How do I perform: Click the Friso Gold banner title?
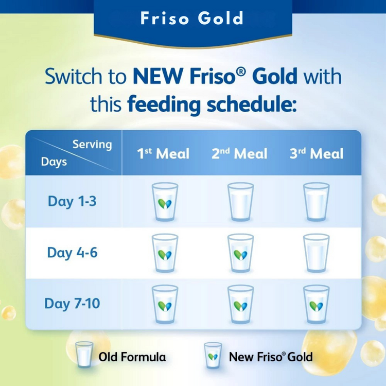pyautogui.click(x=192, y=19)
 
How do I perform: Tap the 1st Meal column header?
pyautogui.click(x=163, y=153)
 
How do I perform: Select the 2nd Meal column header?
pyautogui.click(x=239, y=153)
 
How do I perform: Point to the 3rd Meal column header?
pyautogui.click(x=316, y=153)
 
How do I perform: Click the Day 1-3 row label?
pyautogui.click(x=72, y=201)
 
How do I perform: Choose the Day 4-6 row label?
pyautogui.click(x=72, y=253)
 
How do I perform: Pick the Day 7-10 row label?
pyautogui.click(x=72, y=304)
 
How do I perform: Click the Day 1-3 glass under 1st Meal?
pyautogui.click(x=165, y=202)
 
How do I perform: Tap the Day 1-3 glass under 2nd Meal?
pyautogui.click(x=240, y=202)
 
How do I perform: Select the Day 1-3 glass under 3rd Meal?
pyautogui.click(x=316, y=202)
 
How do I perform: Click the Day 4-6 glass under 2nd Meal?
pyautogui.click(x=240, y=253)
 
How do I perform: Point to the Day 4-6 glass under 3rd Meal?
pyautogui.click(x=316, y=253)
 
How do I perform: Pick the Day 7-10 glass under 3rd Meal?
pyautogui.click(x=316, y=305)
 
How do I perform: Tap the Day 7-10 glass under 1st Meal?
pyautogui.click(x=165, y=305)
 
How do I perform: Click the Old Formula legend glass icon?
pyautogui.click(x=84, y=355)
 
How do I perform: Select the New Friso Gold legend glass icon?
pyautogui.click(x=212, y=355)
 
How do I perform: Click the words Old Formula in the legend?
pyautogui.click(x=132, y=356)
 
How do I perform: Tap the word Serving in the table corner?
pyautogui.click(x=92, y=144)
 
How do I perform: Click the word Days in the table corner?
pyautogui.click(x=54, y=162)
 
